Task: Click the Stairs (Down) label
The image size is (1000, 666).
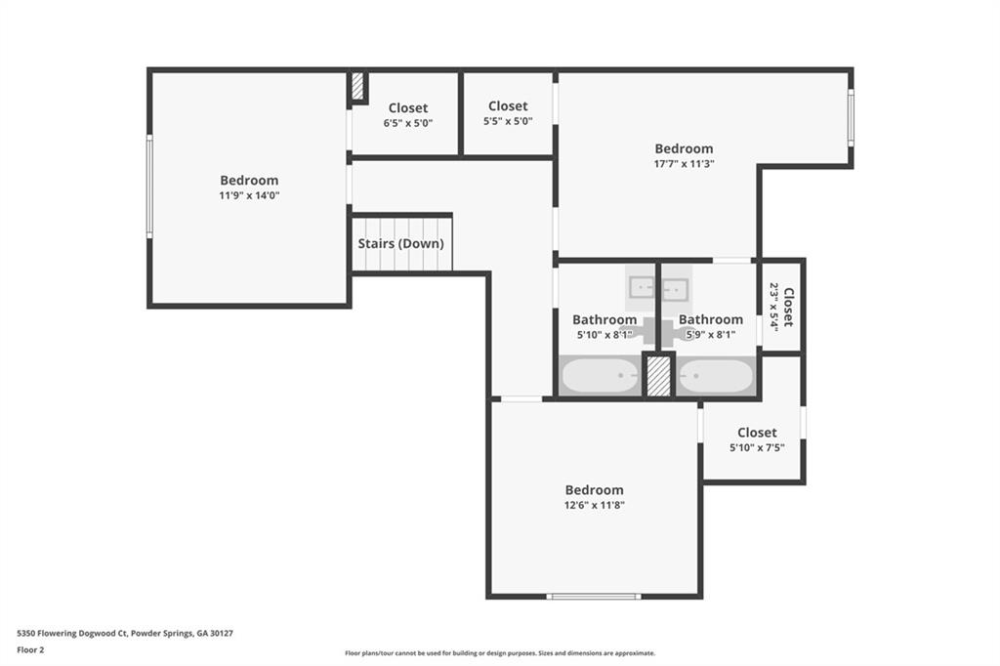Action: [400, 244]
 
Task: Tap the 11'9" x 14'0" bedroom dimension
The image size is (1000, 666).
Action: [249, 196]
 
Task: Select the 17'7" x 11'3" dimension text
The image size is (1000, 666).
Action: [684, 164]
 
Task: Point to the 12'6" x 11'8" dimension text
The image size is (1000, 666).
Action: [594, 505]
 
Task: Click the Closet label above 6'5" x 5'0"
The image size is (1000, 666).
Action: [408, 107]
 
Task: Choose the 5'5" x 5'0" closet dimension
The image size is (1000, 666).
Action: [508, 121]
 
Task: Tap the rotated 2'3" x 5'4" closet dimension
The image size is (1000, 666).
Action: [773, 307]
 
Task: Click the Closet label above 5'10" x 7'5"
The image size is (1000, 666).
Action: [757, 433]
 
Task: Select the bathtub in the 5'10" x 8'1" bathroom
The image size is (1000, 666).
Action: [600, 376]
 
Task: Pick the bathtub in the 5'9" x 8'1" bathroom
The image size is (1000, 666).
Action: [715, 376]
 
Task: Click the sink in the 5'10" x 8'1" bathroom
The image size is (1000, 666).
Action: [641, 288]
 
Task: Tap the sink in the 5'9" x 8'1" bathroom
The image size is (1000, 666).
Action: [675, 289]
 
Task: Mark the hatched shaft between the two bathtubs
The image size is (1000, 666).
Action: [659, 376]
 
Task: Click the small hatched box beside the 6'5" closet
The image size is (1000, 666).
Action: [357, 86]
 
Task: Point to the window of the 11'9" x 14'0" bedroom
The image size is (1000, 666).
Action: [149, 187]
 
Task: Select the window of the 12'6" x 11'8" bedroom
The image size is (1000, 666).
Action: [594, 597]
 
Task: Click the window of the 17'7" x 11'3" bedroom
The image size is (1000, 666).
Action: [851, 117]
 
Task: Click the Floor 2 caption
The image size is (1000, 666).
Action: [30, 650]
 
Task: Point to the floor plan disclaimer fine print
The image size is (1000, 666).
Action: [500, 653]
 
